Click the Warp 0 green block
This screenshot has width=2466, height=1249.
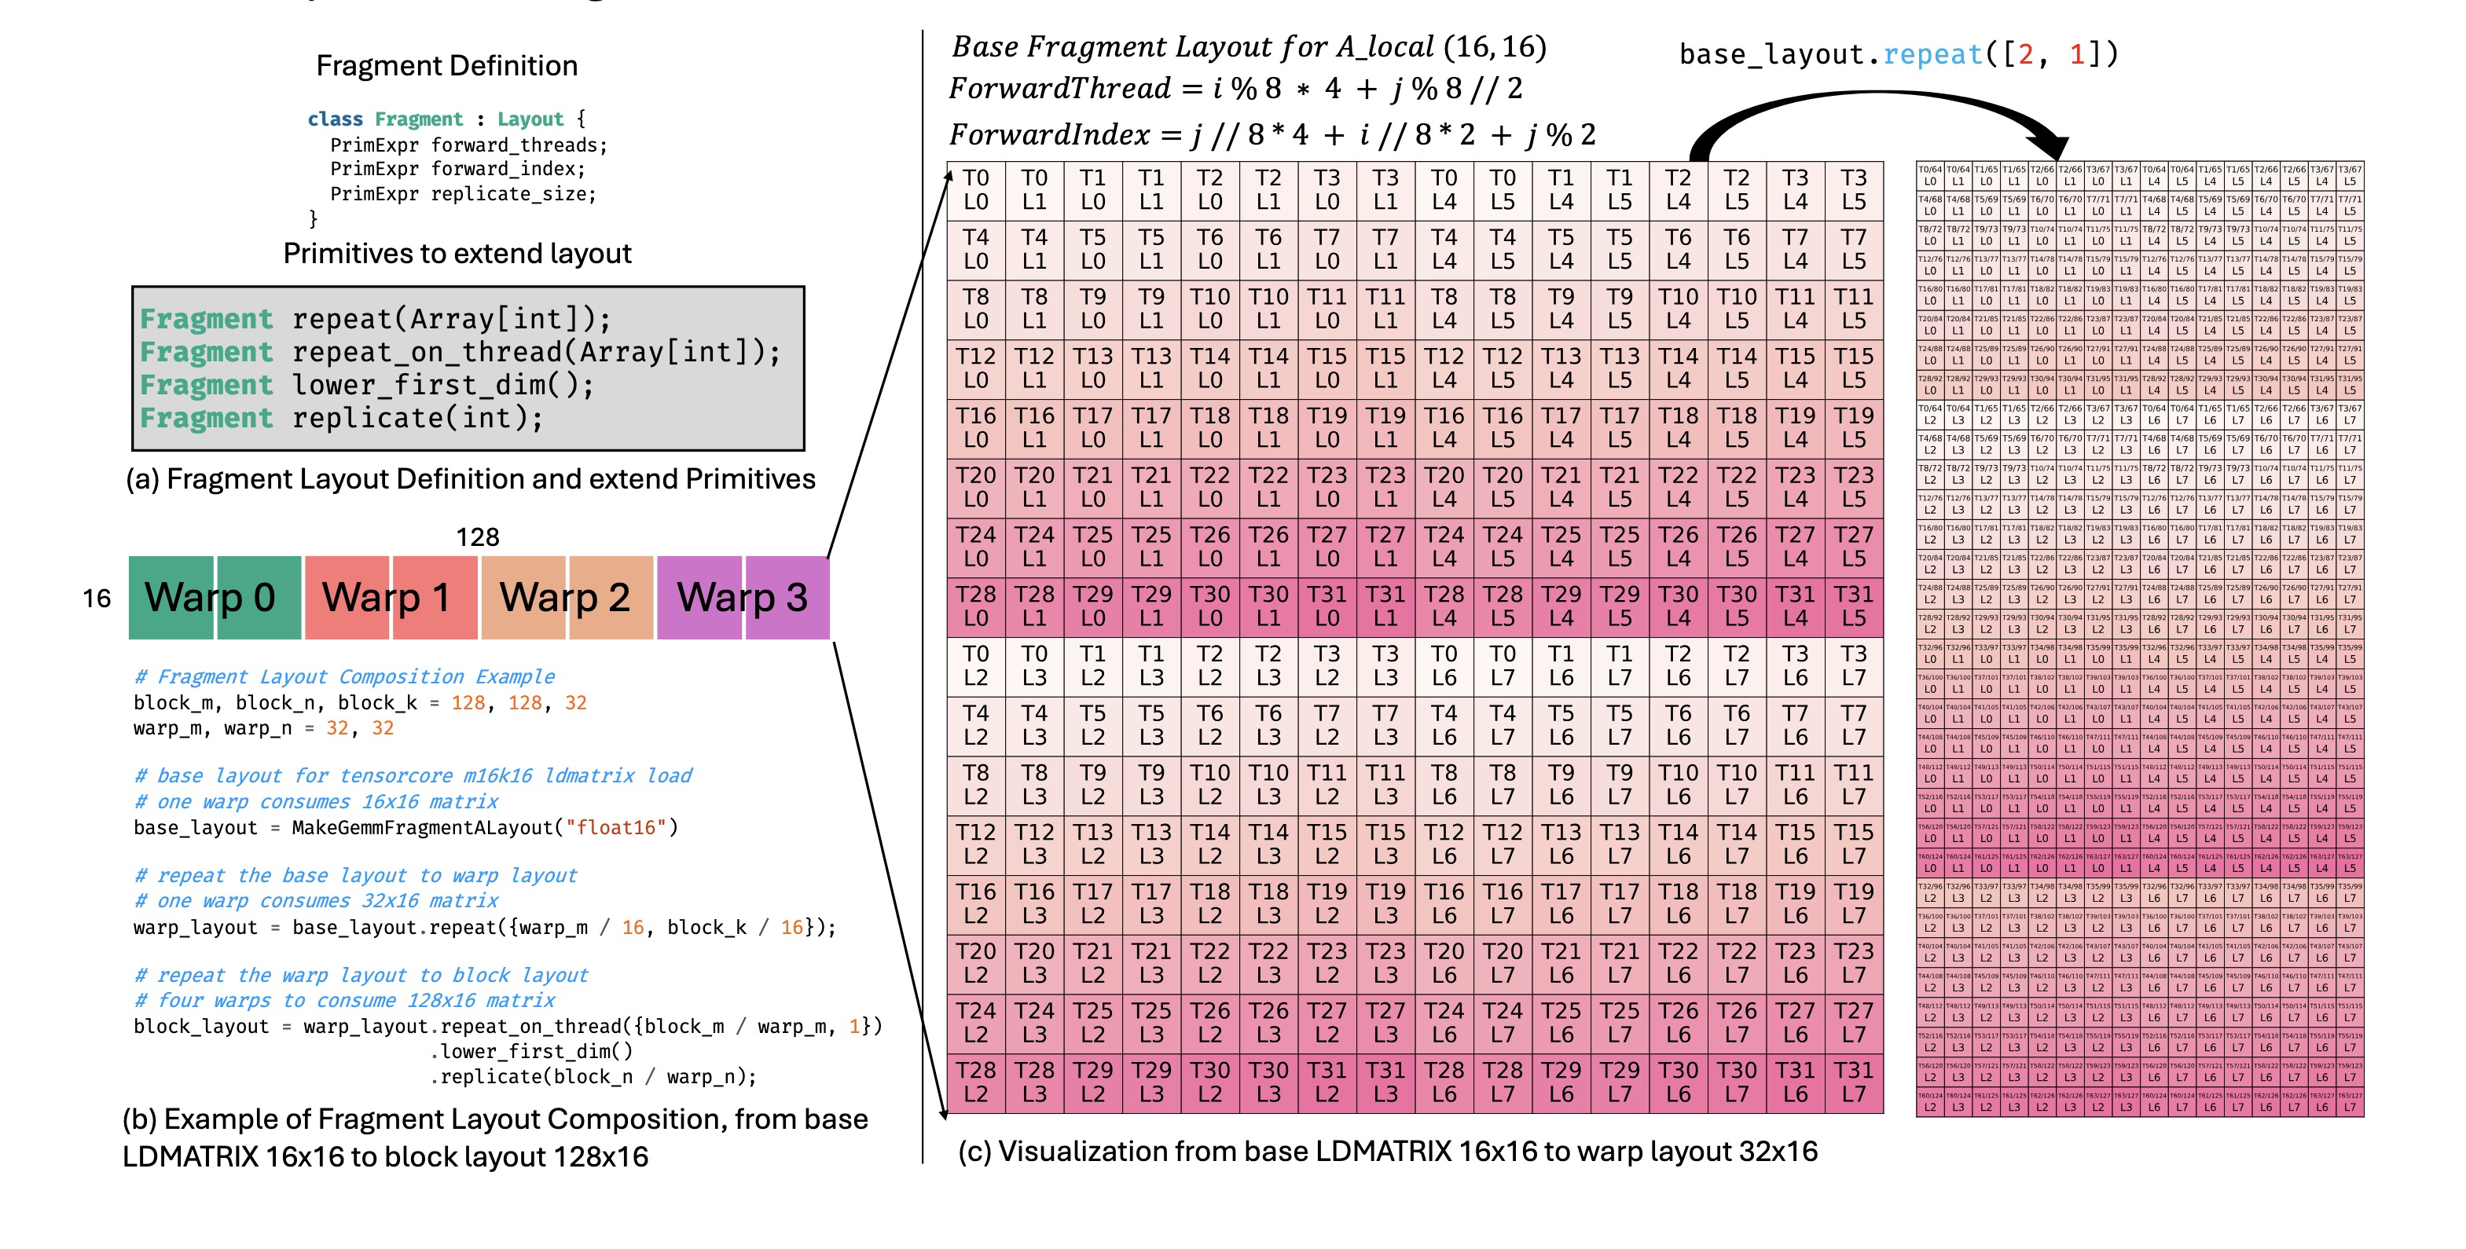212,598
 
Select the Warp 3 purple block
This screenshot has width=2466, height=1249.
742,598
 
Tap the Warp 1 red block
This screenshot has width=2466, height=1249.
389,598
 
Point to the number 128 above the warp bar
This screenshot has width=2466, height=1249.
477,537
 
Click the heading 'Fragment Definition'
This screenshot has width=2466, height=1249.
446,66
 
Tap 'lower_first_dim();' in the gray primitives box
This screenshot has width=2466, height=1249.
442,385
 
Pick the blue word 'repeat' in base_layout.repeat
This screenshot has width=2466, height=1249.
1932,54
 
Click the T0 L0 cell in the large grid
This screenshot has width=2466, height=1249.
975,190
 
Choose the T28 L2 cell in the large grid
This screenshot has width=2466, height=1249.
975,1082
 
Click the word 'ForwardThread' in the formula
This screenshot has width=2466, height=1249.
1059,89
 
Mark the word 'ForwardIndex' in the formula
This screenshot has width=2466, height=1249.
1049,135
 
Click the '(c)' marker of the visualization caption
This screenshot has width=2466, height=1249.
974,1152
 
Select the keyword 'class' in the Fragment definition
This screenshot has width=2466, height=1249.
335,119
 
